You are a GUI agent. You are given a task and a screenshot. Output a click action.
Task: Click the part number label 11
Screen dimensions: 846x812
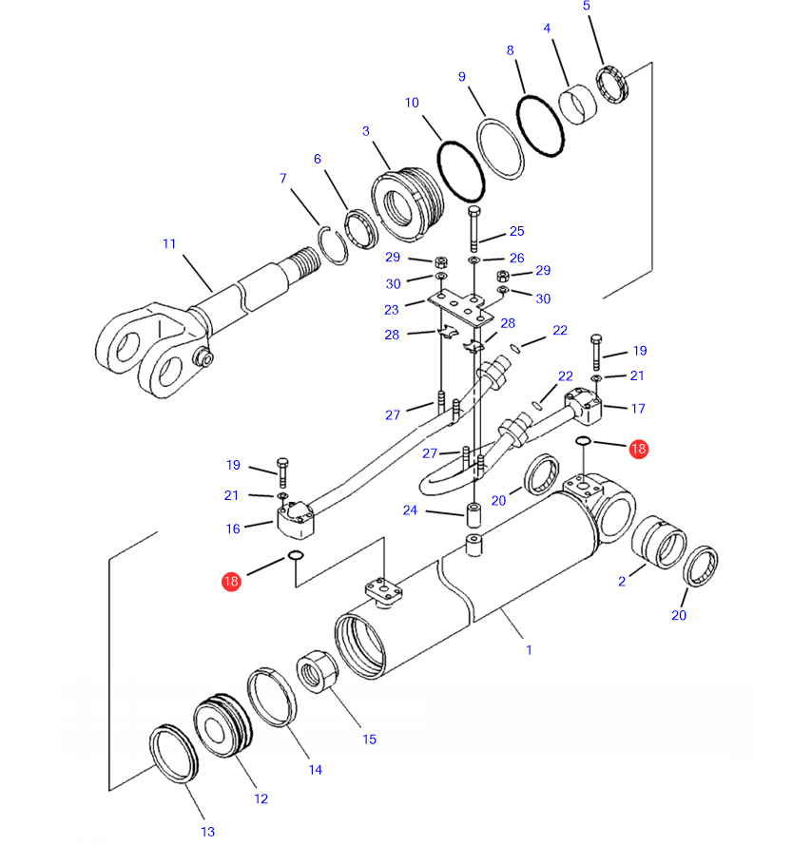point(169,244)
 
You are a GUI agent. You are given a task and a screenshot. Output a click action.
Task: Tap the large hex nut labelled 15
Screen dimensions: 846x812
point(314,674)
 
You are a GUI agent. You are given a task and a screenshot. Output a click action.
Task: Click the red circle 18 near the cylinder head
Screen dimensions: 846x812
point(638,449)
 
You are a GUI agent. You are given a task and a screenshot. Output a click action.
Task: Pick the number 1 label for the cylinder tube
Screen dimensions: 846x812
point(529,650)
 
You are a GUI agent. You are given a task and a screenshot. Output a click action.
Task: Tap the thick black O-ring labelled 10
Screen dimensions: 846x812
point(460,169)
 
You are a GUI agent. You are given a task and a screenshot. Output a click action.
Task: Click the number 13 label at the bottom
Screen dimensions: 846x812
point(208,832)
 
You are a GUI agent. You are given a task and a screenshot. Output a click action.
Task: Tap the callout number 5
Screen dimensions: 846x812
point(587,7)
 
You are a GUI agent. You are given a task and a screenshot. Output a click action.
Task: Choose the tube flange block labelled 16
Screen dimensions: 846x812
point(295,518)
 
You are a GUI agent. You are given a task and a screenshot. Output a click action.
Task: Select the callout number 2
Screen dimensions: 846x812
point(622,581)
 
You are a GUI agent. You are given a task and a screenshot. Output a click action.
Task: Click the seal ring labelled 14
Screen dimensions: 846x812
point(273,700)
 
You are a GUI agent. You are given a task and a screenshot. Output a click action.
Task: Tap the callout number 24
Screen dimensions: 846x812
point(410,510)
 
